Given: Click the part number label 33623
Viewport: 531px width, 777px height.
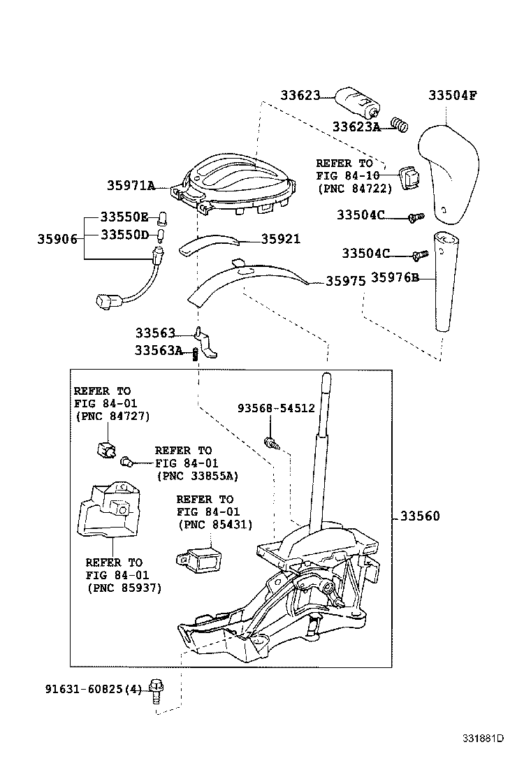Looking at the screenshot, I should tap(300, 95).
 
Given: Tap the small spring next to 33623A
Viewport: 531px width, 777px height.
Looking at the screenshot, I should tap(399, 124).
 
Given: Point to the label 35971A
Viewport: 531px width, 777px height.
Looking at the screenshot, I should tap(131, 186).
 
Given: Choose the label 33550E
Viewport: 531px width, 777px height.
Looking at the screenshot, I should tap(124, 217).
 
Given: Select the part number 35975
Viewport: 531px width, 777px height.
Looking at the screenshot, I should tap(345, 282).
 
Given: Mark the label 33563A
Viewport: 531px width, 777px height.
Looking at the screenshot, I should tap(158, 351).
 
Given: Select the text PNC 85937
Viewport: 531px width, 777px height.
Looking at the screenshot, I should tap(124, 588).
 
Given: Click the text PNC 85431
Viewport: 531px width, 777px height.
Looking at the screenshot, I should tap(215, 525).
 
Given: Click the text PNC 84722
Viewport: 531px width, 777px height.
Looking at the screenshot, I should tap(354, 189).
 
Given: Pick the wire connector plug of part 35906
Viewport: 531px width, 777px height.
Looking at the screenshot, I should tap(107, 302).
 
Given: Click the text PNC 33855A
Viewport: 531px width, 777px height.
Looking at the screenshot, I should tap(197, 476).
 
